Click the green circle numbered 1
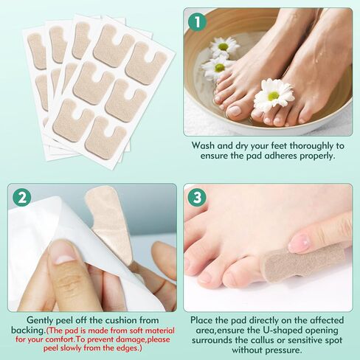(x=196, y=21)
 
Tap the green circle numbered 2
(x=21, y=198)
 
